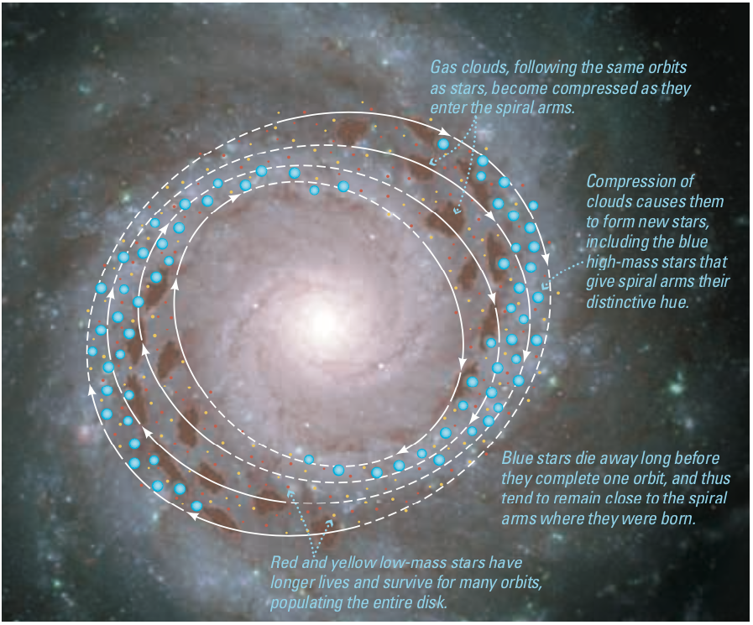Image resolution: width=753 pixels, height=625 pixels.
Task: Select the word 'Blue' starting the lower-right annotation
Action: coord(519,459)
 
